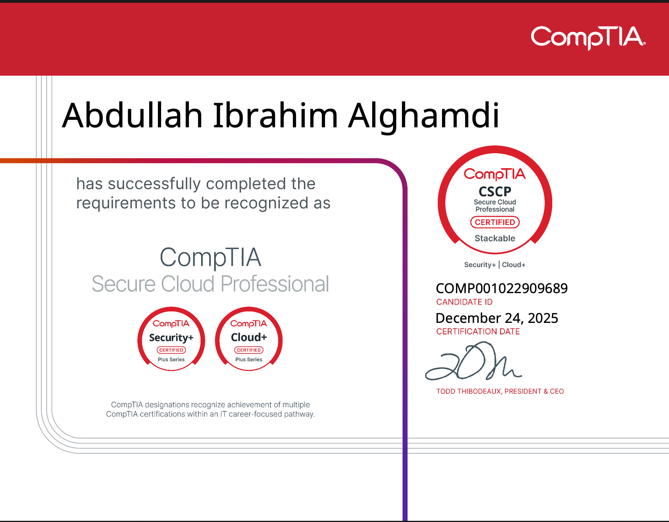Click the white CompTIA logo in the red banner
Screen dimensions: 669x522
click(x=588, y=38)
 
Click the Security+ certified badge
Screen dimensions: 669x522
click(x=171, y=339)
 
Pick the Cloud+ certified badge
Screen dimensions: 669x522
click(x=249, y=339)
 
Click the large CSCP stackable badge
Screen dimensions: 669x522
click(x=495, y=200)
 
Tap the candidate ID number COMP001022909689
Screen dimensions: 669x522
click(x=502, y=288)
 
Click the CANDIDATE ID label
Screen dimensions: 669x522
click(x=464, y=302)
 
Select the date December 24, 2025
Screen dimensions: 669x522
click(x=497, y=318)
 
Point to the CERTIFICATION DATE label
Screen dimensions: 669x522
click(x=478, y=332)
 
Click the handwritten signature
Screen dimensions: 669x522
click(x=473, y=361)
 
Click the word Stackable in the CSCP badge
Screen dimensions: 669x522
click(x=495, y=238)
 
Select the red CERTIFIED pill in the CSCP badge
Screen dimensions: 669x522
click(x=495, y=222)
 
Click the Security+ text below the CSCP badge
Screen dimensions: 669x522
click(x=480, y=265)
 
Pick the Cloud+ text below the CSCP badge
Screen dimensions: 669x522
click(x=513, y=265)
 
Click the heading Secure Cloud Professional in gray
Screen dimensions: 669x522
click(x=210, y=284)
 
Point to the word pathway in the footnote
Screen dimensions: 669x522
click(x=299, y=415)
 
